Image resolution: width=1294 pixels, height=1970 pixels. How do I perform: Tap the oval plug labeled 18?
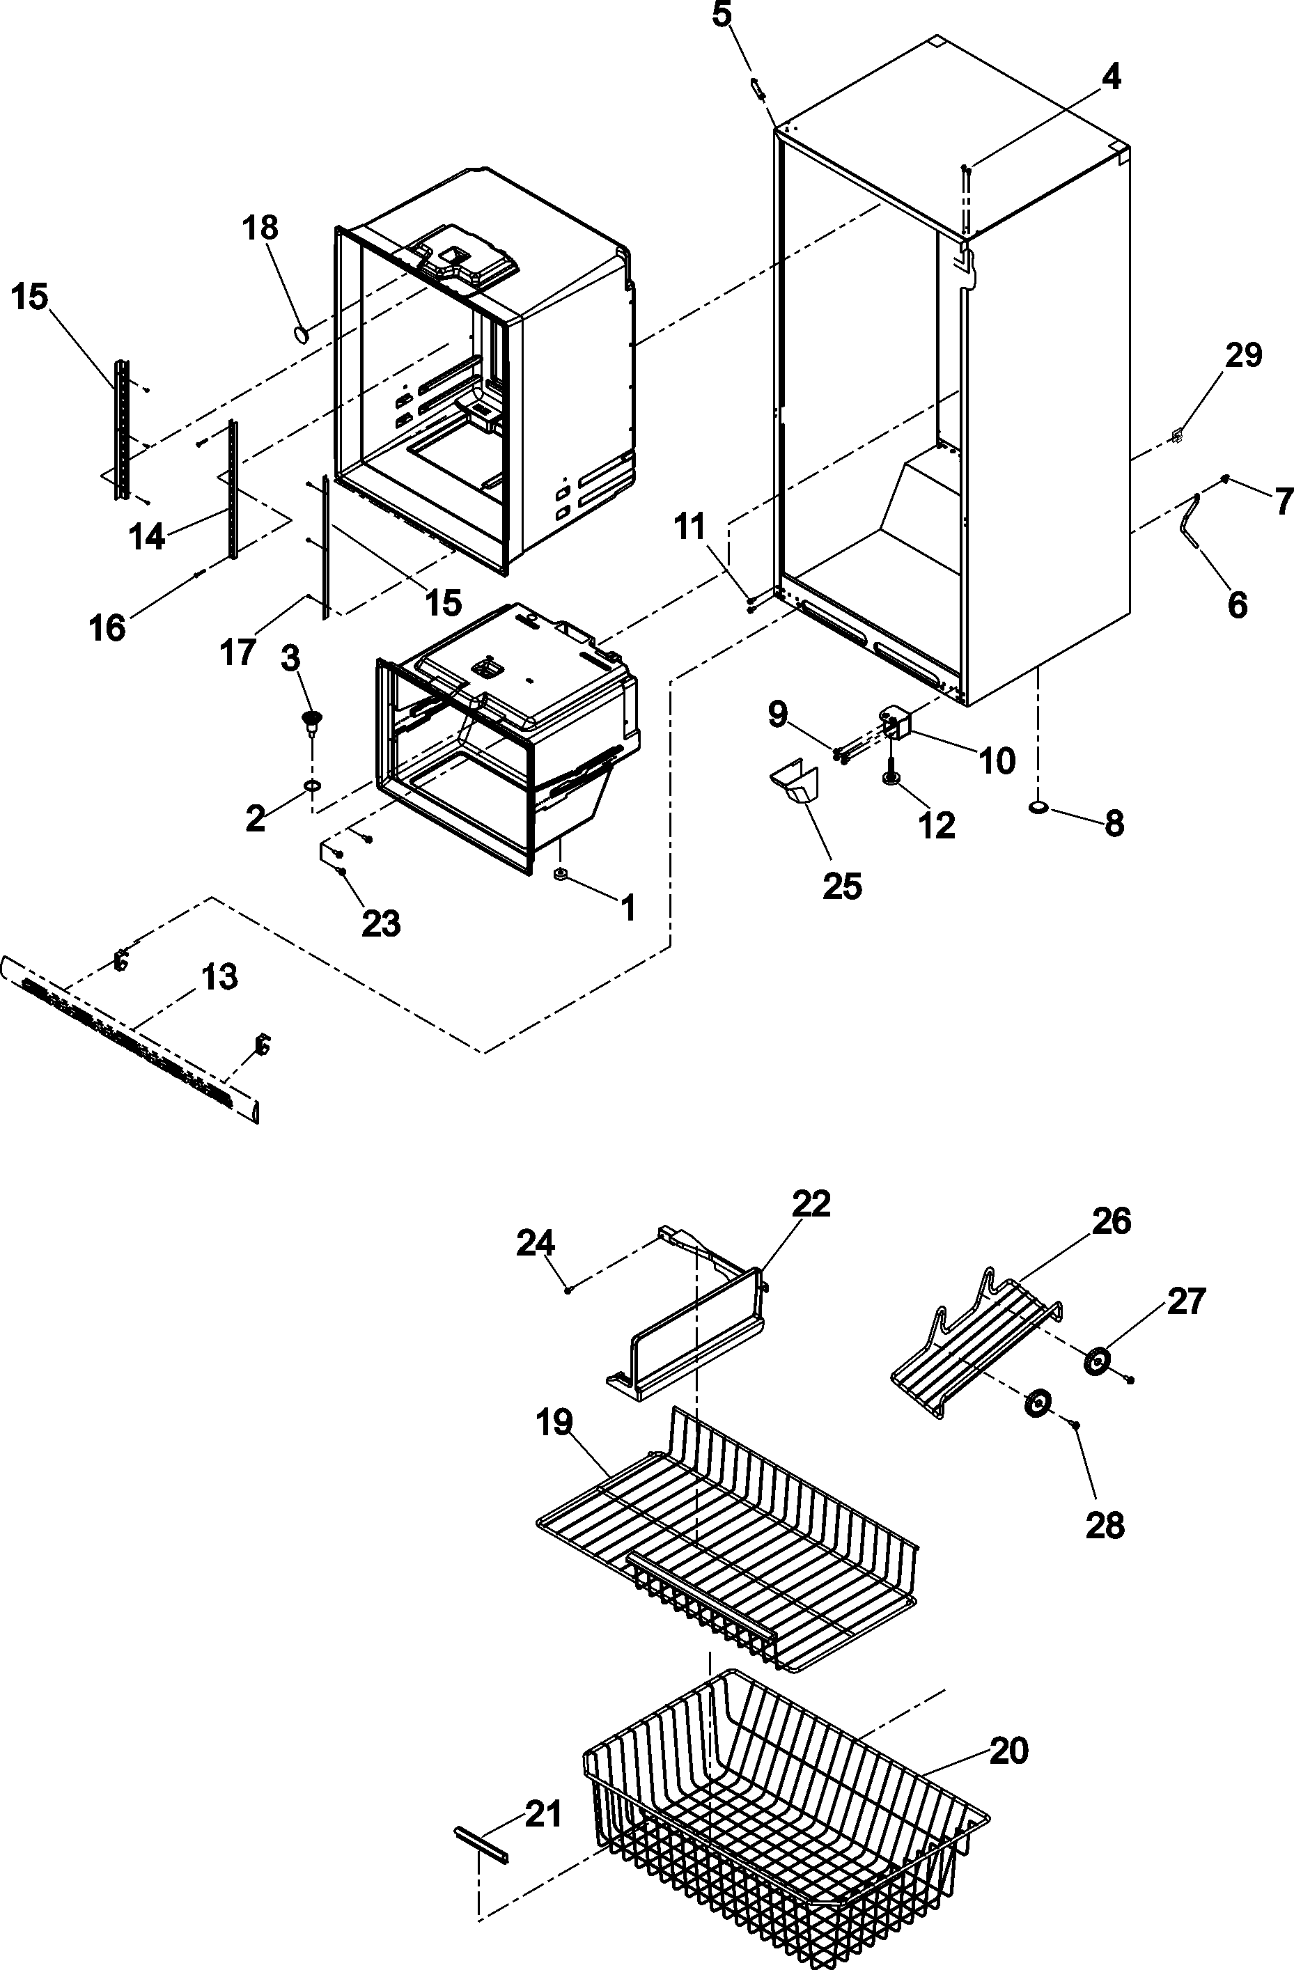(302, 334)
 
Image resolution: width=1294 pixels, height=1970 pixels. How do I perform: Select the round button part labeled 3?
(312, 719)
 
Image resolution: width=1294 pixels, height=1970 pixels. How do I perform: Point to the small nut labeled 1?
(561, 874)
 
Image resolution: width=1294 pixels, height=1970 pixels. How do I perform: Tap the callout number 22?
(811, 1203)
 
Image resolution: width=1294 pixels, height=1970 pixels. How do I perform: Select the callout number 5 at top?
(722, 16)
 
